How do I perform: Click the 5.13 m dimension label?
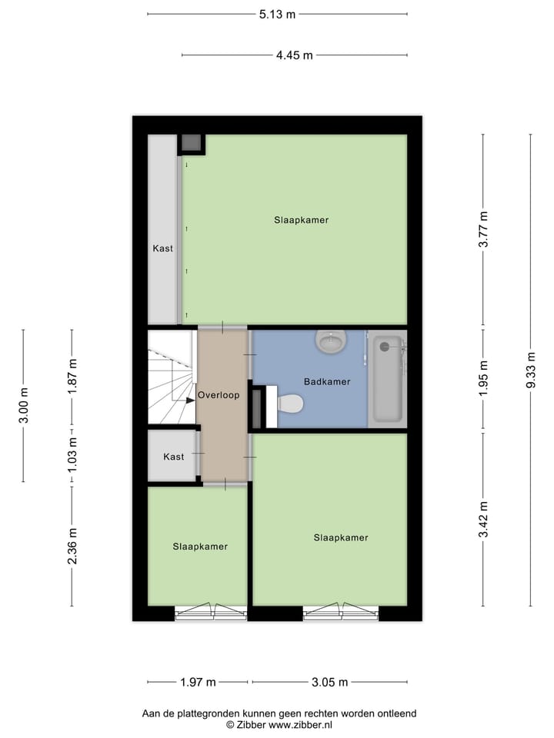click(277, 14)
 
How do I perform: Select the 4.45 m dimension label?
click(295, 55)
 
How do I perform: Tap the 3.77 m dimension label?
click(483, 229)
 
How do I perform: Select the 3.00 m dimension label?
click(23, 405)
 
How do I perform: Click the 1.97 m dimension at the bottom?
click(197, 682)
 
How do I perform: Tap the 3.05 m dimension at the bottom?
click(329, 682)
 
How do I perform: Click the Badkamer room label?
click(326, 381)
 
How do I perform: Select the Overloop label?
click(219, 395)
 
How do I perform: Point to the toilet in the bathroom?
click(289, 403)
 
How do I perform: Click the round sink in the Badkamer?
click(332, 341)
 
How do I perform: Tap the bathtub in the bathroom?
click(386, 378)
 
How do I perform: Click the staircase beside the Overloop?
click(171, 377)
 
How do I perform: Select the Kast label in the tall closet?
click(162, 248)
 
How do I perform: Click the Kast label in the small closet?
click(174, 457)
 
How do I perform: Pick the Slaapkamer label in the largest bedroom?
click(301, 220)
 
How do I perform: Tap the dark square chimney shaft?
click(192, 143)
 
